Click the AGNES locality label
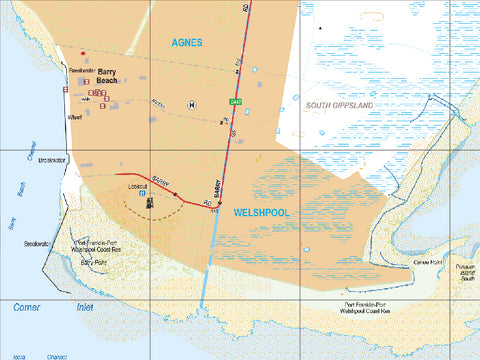pos(187,43)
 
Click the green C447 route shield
pos(237,103)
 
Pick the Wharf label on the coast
pos(73,117)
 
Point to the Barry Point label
pos(95,262)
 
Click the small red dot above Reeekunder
pos(83,53)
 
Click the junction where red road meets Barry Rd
pos(219,202)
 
